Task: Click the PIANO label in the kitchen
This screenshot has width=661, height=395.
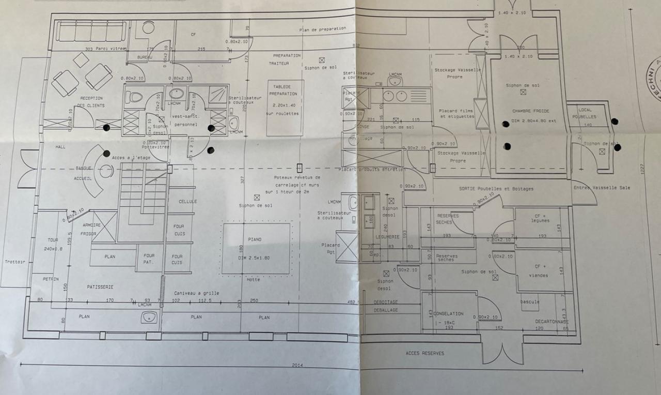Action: [x=254, y=239]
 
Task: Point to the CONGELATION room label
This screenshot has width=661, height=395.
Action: [x=449, y=314]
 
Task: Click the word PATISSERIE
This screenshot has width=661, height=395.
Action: [x=100, y=286]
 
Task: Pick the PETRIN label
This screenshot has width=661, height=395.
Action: [x=51, y=279]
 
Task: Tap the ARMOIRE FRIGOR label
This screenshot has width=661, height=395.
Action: [x=91, y=229]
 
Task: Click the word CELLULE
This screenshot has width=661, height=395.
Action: [x=187, y=201]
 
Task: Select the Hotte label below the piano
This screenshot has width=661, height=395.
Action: [x=253, y=280]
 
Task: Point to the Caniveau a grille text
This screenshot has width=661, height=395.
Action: [x=196, y=293]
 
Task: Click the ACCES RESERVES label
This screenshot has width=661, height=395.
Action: [x=424, y=353]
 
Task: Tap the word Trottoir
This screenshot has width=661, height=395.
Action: [x=15, y=262]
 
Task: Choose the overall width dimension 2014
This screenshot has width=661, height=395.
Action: [x=297, y=366]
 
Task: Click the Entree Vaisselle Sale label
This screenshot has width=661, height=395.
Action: [x=602, y=188]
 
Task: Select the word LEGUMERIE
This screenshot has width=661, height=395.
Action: [x=388, y=237]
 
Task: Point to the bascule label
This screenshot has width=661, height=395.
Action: [x=530, y=302]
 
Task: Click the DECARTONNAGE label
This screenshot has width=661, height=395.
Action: [x=552, y=321]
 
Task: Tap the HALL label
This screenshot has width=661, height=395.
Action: [x=60, y=147]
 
